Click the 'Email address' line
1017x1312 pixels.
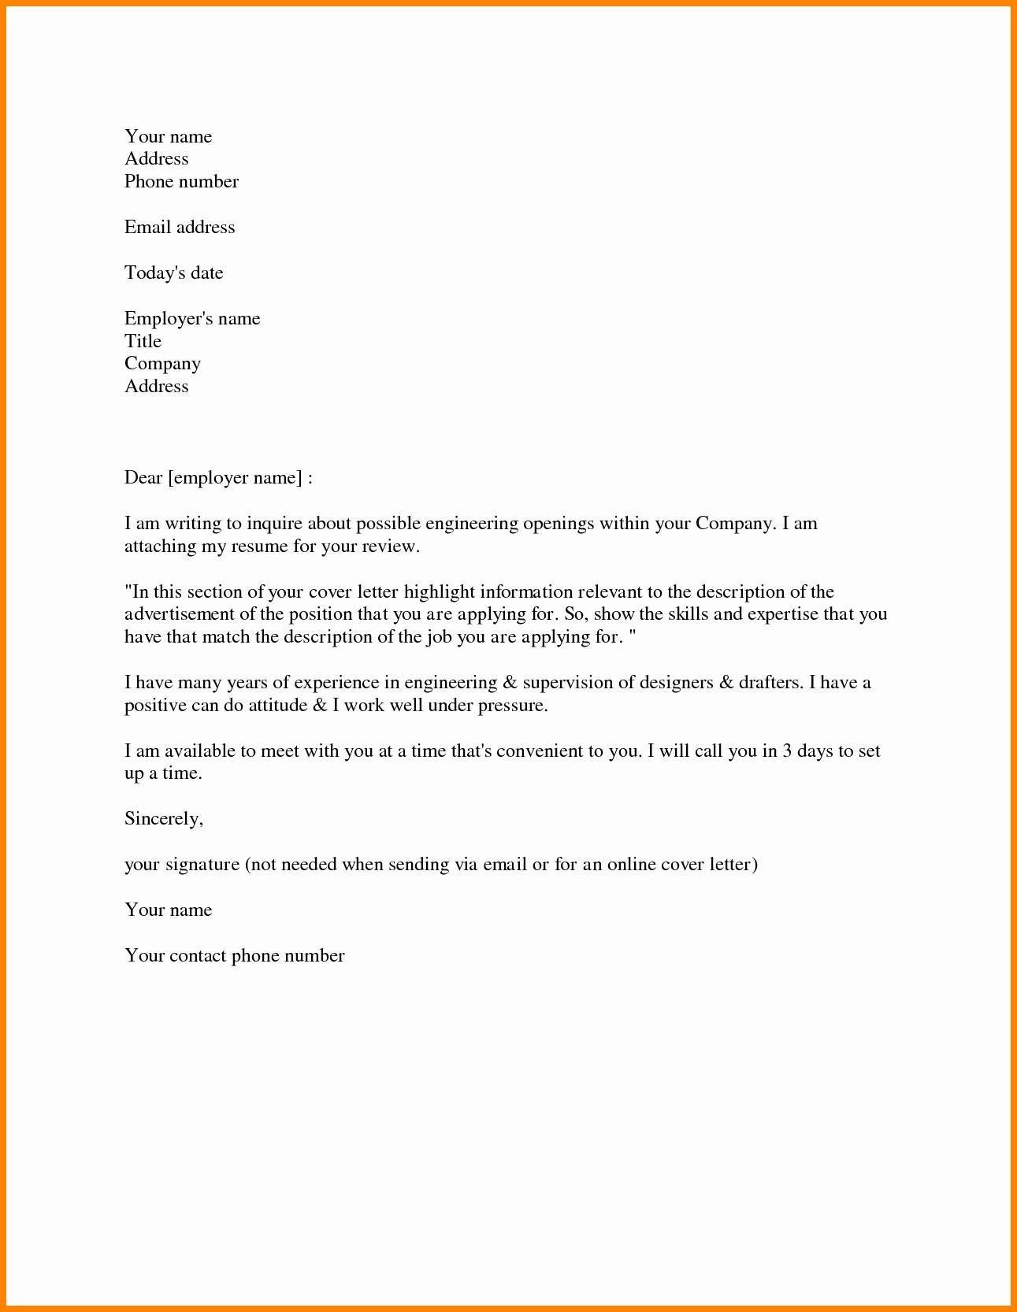click(180, 228)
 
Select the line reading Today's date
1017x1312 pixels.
click(173, 273)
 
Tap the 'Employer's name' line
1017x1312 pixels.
click(192, 319)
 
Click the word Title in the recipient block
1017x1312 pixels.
click(143, 342)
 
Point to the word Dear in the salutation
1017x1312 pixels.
click(143, 478)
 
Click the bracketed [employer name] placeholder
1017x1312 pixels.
click(235, 478)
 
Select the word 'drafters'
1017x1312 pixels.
click(770, 683)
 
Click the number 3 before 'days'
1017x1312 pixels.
click(787, 751)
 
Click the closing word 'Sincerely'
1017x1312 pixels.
click(162, 819)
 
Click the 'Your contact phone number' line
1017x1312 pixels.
click(235, 956)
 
